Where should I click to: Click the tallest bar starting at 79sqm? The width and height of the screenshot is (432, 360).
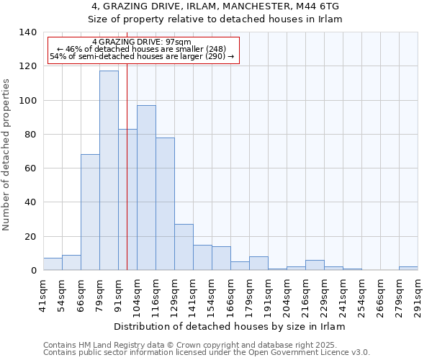click(x=109, y=171)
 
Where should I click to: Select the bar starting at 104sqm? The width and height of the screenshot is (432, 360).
click(x=146, y=188)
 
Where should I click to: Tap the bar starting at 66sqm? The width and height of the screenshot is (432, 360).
click(x=90, y=212)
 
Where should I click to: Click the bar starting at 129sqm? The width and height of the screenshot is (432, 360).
click(x=184, y=247)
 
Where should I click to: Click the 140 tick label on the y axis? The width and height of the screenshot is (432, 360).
click(x=27, y=32)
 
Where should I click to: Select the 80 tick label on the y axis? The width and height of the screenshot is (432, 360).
click(x=30, y=135)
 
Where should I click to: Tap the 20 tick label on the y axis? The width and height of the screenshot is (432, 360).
click(x=30, y=237)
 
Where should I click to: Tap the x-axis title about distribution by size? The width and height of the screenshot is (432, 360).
click(x=230, y=326)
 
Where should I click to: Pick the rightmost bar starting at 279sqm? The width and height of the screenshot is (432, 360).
click(x=408, y=269)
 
